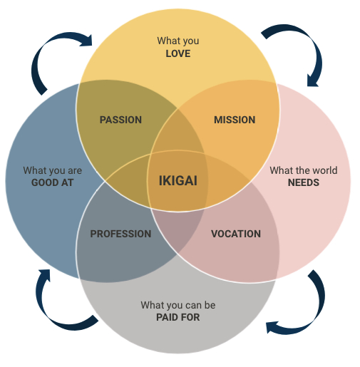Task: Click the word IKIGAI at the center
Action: point(178,180)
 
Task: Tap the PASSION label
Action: point(120,120)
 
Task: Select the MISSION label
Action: point(235,120)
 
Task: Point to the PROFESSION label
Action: point(120,234)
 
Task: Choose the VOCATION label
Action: point(236,234)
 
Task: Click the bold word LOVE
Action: point(178,53)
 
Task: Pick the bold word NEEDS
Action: point(304,182)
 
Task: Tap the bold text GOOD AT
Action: point(52,182)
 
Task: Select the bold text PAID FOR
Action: point(178,317)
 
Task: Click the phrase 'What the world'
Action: point(304,170)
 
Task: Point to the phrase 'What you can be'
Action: point(178,305)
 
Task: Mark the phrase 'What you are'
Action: point(53,170)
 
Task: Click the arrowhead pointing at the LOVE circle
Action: point(86,41)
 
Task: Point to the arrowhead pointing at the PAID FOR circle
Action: point(272,327)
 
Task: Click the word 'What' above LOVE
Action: point(166,41)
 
